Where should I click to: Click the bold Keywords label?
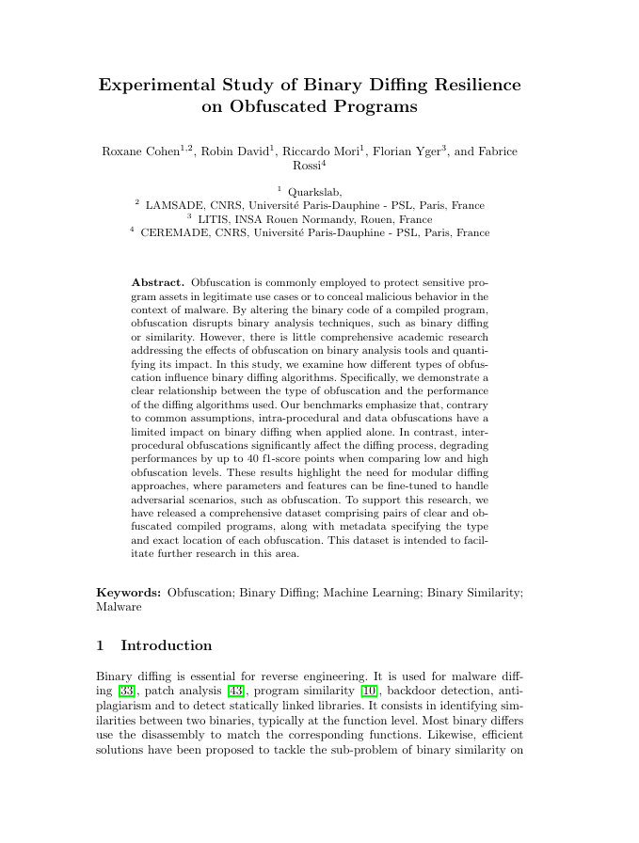129,594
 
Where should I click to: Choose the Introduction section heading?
167,645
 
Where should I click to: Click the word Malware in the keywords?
120,607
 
